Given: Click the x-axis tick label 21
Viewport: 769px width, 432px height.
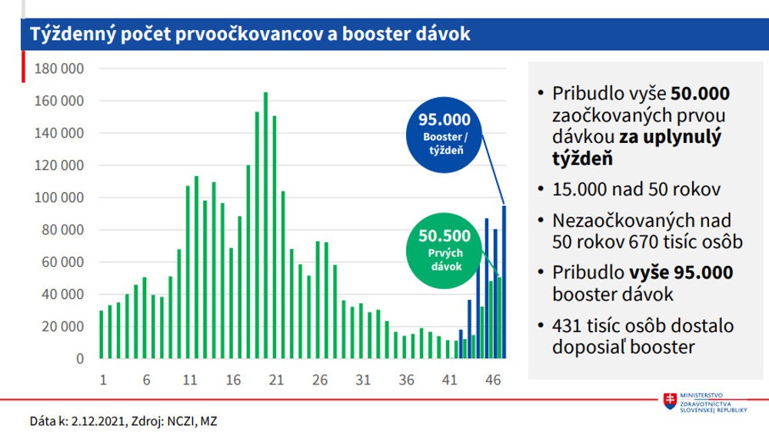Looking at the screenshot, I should [277, 379].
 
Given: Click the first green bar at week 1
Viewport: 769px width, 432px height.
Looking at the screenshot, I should [102, 334].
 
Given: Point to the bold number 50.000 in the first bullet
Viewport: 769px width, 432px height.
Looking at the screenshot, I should [699, 94].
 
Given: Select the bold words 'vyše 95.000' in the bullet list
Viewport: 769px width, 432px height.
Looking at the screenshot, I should [681, 273].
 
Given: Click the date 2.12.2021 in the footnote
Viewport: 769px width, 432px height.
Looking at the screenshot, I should [95, 421].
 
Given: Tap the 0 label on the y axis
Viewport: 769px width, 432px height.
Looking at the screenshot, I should [79, 359].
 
